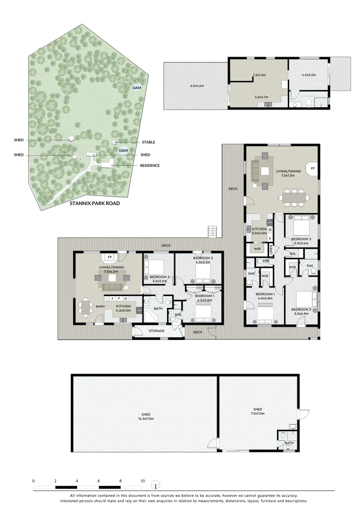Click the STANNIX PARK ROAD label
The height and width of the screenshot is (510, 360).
[x=95, y=203]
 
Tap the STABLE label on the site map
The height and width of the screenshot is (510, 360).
[x=149, y=142]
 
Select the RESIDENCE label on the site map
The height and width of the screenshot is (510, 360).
[x=150, y=166]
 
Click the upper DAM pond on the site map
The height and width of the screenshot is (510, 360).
[x=137, y=88]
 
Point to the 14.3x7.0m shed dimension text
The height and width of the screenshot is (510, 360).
[x=146, y=418]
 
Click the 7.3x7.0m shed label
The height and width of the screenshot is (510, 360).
[x=258, y=411]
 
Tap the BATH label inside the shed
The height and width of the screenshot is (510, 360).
[x=289, y=443]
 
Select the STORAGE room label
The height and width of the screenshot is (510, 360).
[x=157, y=331]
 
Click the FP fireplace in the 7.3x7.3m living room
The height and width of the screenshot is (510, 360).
[x=312, y=169]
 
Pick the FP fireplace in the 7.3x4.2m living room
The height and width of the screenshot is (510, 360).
[x=110, y=257]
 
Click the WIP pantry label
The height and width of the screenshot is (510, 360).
[x=257, y=249]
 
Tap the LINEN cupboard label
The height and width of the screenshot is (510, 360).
[x=271, y=250]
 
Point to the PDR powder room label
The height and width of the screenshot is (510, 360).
[x=266, y=261]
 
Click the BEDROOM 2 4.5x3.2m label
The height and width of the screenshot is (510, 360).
[x=202, y=260]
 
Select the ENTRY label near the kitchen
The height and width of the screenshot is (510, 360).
[x=100, y=306]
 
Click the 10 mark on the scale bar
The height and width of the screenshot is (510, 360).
[x=142, y=481]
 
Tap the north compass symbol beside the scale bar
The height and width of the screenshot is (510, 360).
[x=156, y=484]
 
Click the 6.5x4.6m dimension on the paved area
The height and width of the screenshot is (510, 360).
[x=197, y=86]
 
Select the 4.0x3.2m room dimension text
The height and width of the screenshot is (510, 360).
[x=309, y=75]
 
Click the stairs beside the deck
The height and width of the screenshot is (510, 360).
[x=212, y=231]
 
